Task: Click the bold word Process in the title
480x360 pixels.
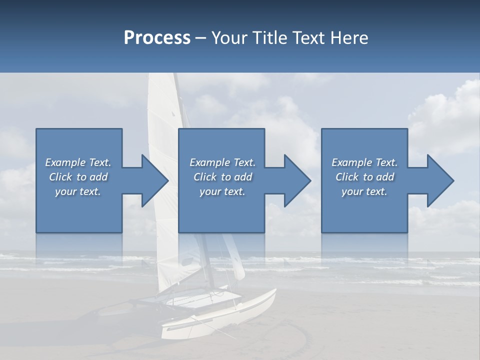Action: click(157, 38)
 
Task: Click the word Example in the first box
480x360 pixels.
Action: click(65, 162)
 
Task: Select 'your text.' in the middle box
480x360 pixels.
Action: click(222, 191)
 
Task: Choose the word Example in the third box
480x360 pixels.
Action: click(351, 162)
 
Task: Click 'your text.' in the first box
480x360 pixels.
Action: click(78, 191)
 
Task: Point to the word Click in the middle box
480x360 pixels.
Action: click(205, 177)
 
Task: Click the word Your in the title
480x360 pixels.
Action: click(229, 38)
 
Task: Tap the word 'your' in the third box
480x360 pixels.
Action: click(352, 191)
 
